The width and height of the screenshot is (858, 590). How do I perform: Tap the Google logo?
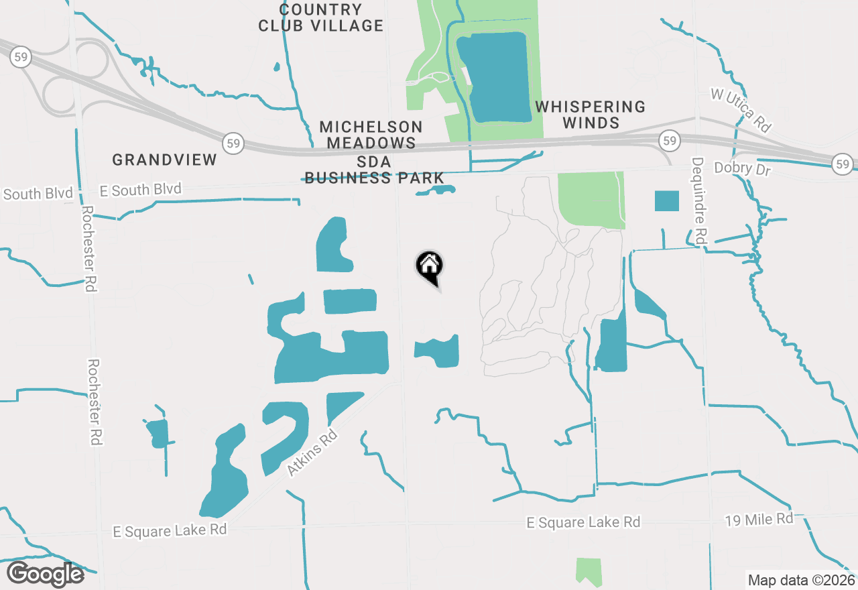pyautogui.click(x=45, y=575)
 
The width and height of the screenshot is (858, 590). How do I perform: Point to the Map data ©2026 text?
pyautogui.click(x=801, y=580)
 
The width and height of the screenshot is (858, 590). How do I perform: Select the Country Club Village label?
pyautogui.click(x=321, y=18)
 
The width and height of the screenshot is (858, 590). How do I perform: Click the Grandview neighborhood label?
pyautogui.click(x=165, y=160)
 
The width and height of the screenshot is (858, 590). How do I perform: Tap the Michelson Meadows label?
pyautogui.click(x=371, y=135)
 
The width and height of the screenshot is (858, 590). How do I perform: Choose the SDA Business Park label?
pyautogui.click(x=374, y=170)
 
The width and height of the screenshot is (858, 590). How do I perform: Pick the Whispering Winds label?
pyautogui.click(x=590, y=115)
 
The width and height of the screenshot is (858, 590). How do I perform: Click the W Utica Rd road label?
pyautogui.click(x=741, y=110)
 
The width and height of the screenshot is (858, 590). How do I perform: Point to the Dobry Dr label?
pyautogui.click(x=743, y=168)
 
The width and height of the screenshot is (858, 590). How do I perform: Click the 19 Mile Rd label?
pyautogui.click(x=759, y=520)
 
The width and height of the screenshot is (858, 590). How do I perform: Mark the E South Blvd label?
pyautogui.click(x=140, y=190)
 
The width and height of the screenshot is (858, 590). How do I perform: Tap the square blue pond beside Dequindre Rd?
pyautogui.click(x=666, y=200)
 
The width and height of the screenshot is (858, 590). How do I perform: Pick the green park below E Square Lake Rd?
pyautogui.click(x=589, y=572)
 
